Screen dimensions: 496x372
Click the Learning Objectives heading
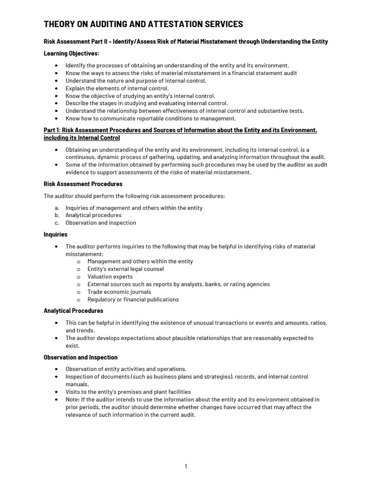coord(71,53)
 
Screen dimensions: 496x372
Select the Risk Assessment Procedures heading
coord(83,184)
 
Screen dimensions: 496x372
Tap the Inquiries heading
coord(56,234)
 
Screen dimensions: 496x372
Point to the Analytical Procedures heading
coord(73,310)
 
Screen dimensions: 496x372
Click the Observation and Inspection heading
coord(80,357)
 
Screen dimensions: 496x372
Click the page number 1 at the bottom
coord(186,466)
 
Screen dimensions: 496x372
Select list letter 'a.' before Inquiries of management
coord(57,208)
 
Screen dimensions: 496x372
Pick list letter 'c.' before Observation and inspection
coord(57,223)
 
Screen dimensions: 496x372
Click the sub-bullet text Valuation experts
coord(110,277)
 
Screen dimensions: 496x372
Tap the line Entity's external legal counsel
coord(125,269)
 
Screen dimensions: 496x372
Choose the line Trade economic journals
coord(119,292)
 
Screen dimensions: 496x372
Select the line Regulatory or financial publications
coord(133,299)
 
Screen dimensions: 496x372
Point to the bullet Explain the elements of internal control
coord(117,88)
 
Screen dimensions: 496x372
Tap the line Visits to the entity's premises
coord(128,392)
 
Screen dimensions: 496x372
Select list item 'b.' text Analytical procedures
coord(93,215)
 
